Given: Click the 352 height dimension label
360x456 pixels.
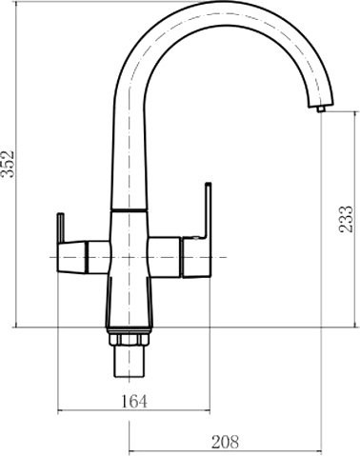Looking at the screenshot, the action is pyautogui.click(x=8, y=164).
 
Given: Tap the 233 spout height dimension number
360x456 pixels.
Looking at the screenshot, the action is pyautogui.click(x=346, y=219).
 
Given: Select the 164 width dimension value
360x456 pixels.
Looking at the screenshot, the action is pyautogui.click(x=134, y=402).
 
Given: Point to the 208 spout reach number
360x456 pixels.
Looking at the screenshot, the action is pyautogui.click(x=225, y=442).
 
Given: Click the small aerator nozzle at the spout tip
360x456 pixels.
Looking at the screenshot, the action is pyautogui.click(x=321, y=109).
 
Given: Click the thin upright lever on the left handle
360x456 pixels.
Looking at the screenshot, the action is pyautogui.click(x=60, y=228).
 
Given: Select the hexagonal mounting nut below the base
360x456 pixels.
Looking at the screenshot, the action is pyautogui.click(x=129, y=339).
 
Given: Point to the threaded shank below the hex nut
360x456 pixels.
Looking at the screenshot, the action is pyautogui.click(x=129, y=362).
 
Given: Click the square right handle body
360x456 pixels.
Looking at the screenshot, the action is pyautogui.click(x=196, y=258).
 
